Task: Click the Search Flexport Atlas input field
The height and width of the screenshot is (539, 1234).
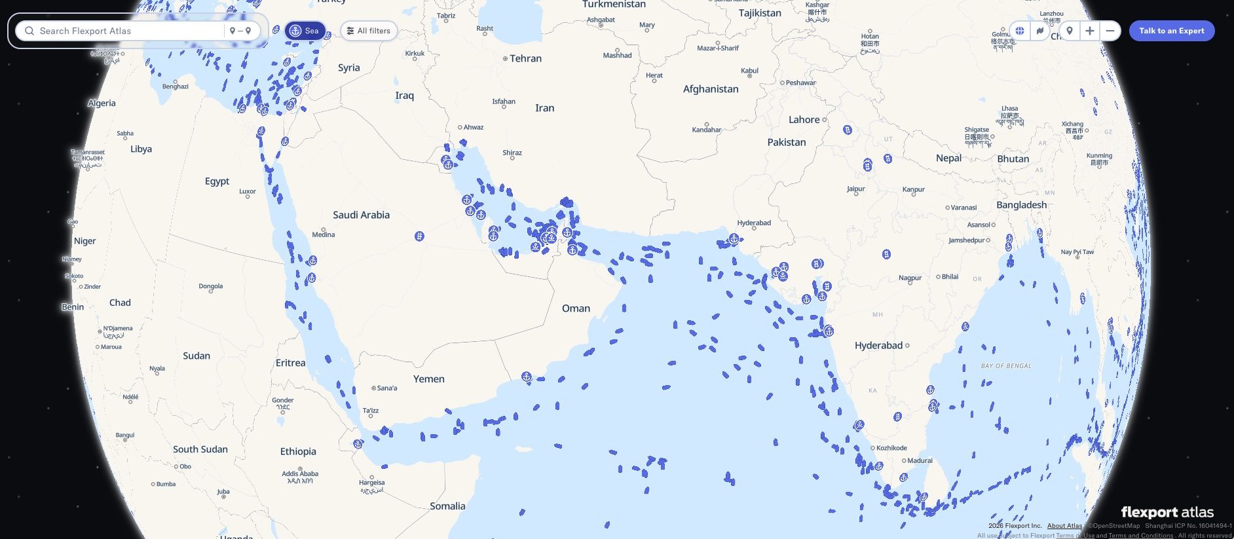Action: pyautogui.click(x=124, y=31)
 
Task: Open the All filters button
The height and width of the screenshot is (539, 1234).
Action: pyautogui.click(x=369, y=31)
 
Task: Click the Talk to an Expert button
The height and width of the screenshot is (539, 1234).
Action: pyautogui.click(x=1171, y=31)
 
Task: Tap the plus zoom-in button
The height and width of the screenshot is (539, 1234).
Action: pyautogui.click(x=1089, y=31)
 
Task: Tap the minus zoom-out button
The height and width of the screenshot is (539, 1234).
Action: pyautogui.click(x=1110, y=31)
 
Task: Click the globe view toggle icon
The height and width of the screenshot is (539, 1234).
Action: pyautogui.click(x=1020, y=31)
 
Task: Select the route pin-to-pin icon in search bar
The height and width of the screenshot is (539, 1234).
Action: pyautogui.click(x=240, y=31)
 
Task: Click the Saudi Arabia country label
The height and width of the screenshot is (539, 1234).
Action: pyautogui.click(x=361, y=215)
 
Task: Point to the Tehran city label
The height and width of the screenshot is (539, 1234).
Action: pyautogui.click(x=525, y=58)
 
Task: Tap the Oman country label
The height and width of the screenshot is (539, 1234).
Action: pyautogui.click(x=576, y=308)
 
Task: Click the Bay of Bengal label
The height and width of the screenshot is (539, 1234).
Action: pyautogui.click(x=1006, y=366)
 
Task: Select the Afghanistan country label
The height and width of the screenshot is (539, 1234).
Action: pyautogui.click(x=711, y=89)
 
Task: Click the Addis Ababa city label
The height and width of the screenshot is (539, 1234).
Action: pyautogui.click(x=300, y=474)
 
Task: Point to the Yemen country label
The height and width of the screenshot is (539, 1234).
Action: pyautogui.click(x=428, y=379)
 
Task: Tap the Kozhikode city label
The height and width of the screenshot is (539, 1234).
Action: pyautogui.click(x=891, y=448)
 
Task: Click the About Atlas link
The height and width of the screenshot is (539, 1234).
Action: pyautogui.click(x=1064, y=525)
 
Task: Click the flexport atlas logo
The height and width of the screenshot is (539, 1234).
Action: pyautogui.click(x=1167, y=512)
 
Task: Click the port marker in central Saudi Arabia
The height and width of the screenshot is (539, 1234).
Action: pyautogui.click(x=419, y=236)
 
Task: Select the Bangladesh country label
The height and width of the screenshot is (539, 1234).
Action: pyautogui.click(x=1021, y=205)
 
